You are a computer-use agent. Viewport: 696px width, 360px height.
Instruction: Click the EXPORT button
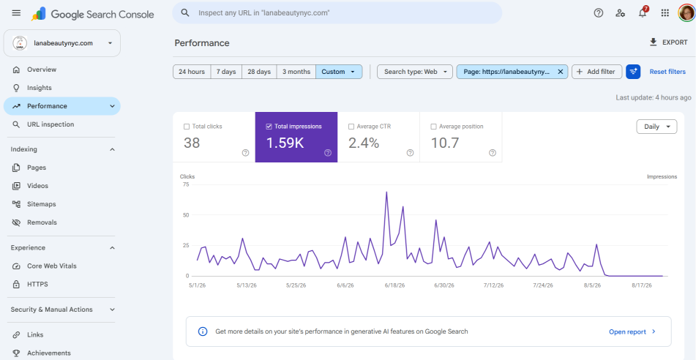(668, 42)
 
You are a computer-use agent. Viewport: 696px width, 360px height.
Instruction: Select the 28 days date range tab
(259, 72)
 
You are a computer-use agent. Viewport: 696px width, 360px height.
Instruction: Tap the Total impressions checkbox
(269, 127)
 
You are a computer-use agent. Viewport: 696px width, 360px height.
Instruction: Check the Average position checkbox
(433, 127)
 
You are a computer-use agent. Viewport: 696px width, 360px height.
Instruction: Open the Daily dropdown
(656, 127)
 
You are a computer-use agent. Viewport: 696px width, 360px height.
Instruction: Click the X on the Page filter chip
(560, 72)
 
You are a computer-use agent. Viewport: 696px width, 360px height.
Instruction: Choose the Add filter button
(596, 72)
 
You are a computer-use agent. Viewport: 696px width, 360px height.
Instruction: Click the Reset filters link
(667, 72)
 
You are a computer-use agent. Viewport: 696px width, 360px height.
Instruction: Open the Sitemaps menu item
(41, 204)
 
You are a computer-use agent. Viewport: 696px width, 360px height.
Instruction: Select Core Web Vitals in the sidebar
(51, 266)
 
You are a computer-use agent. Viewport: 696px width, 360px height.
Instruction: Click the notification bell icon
(643, 13)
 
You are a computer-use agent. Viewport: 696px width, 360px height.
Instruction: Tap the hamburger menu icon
(16, 13)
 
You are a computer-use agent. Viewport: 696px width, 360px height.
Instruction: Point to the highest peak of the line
(386, 192)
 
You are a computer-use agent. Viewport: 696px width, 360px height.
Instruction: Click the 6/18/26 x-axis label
(395, 285)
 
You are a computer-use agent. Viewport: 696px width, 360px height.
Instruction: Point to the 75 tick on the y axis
(186, 184)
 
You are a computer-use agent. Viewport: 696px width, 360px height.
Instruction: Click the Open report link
(632, 331)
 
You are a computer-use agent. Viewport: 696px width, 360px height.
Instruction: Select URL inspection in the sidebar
(50, 124)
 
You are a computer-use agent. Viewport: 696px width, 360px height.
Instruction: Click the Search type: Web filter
(414, 72)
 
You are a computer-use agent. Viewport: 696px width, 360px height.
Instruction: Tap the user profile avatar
(686, 13)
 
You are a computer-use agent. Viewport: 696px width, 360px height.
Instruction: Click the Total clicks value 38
(192, 143)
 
